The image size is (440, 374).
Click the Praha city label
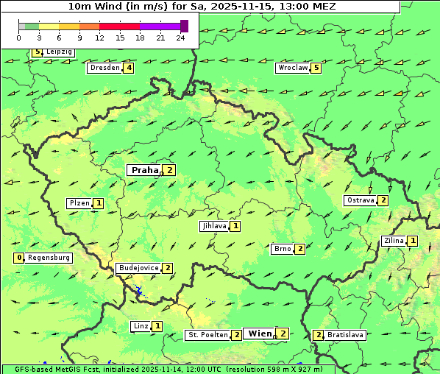point(144,170)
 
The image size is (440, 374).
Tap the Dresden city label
point(104,68)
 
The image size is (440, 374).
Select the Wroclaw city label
point(292,68)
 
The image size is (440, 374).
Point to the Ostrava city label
point(360,200)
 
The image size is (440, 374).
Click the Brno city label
point(282,249)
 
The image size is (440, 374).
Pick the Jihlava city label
point(213,226)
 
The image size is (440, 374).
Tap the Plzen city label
point(79,203)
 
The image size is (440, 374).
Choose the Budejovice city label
point(138,268)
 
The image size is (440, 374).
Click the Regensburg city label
point(49,258)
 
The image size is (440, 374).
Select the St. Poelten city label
point(207,335)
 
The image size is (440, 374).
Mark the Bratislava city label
point(345,335)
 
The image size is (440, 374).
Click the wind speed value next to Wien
point(283,334)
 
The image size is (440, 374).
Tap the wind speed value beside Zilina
point(413,241)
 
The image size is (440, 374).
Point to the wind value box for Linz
point(157,326)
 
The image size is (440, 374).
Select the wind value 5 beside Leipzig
point(37,52)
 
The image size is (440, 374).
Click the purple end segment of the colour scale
point(184,26)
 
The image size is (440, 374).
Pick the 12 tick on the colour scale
point(99,37)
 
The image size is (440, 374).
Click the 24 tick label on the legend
point(181,37)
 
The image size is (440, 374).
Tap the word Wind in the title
point(105,6)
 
